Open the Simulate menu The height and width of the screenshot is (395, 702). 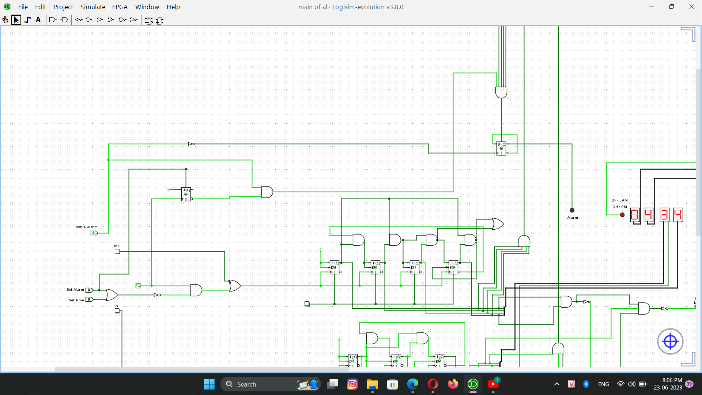click(x=93, y=7)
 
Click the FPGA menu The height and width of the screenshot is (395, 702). click(x=120, y=7)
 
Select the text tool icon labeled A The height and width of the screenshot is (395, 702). click(x=38, y=20)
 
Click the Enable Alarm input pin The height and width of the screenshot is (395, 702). click(x=94, y=233)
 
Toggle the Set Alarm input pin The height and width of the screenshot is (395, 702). click(x=89, y=290)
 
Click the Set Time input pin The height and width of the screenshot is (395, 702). click(x=89, y=300)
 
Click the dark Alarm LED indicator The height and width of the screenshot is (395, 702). click(x=572, y=210)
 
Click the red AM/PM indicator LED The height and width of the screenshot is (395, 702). click(x=622, y=215)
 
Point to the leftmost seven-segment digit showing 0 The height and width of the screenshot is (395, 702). click(x=635, y=215)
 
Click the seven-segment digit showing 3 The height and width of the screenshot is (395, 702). click(x=664, y=215)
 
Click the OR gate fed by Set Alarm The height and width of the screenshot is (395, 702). click(x=111, y=294)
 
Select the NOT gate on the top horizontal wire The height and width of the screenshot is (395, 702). click(x=192, y=144)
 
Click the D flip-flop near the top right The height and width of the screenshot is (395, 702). click(x=501, y=148)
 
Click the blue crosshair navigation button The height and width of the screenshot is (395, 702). click(x=670, y=342)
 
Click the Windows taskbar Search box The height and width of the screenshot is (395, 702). click(x=271, y=384)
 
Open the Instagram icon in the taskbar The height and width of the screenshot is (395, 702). click(x=352, y=384)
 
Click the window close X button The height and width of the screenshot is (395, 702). click(x=691, y=7)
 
